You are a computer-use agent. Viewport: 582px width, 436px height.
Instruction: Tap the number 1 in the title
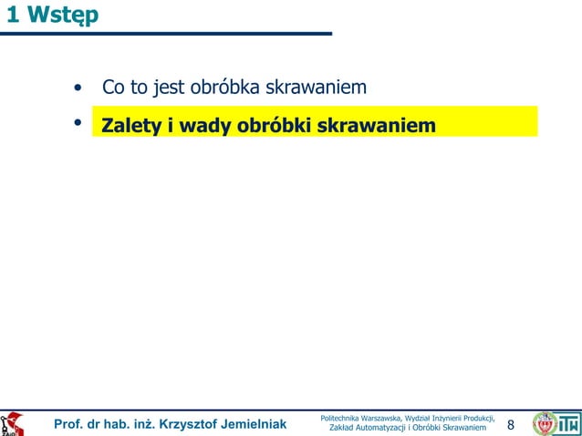click(x=10, y=16)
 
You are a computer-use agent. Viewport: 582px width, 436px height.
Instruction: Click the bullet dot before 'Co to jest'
click(x=79, y=89)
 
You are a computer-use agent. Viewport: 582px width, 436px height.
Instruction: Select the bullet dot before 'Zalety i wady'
click(x=79, y=122)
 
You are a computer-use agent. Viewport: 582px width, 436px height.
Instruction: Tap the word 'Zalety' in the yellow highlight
click(x=132, y=124)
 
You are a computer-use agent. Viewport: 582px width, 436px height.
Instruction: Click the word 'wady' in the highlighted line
click(x=205, y=124)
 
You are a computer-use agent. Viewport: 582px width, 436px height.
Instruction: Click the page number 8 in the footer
click(x=511, y=424)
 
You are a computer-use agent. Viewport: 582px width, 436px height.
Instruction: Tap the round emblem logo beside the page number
click(x=545, y=423)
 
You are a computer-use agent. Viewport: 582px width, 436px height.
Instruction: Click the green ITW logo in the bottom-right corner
click(x=569, y=423)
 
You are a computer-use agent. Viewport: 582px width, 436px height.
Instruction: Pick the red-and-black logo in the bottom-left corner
click(x=13, y=424)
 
